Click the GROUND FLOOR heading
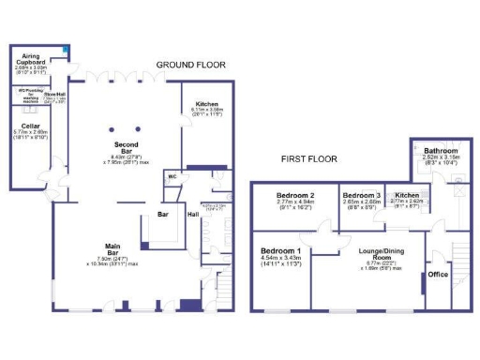coord(191,65)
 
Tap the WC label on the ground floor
coord(172,176)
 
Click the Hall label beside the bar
coord(192,215)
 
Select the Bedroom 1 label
coord(280,252)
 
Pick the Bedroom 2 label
coord(293,195)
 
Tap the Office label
coord(438,275)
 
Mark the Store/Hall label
coord(55,95)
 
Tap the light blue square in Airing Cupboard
coord(65,49)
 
